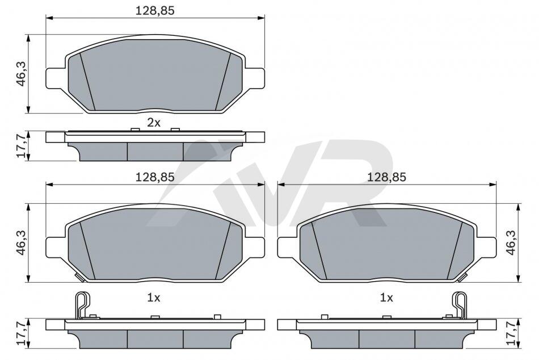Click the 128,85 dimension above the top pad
click(x=155, y=11)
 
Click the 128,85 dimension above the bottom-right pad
click(x=387, y=177)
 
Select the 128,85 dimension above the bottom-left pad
click(x=155, y=177)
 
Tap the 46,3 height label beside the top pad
click(x=22, y=74)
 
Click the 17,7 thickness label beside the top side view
click(x=22, y=146)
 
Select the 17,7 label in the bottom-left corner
click(x=22, y=334)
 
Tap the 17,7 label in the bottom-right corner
click(x=512, y=334)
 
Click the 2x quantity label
click(x=154, y=123)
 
